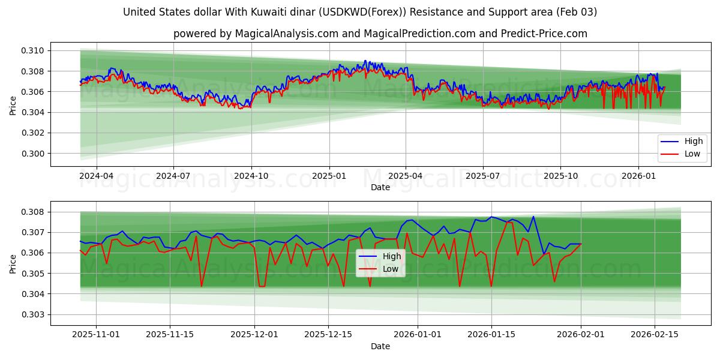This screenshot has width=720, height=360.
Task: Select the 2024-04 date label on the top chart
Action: coord(96,176)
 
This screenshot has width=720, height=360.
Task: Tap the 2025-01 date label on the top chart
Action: coord(329,176)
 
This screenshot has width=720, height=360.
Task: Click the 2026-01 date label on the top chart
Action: coord(638,176)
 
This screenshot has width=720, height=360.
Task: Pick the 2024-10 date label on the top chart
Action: coord(251,176)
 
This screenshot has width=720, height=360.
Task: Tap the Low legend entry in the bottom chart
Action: coord(391,269)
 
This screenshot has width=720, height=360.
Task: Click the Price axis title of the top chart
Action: coord(13,106)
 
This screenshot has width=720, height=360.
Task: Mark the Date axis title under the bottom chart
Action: coord(380,346)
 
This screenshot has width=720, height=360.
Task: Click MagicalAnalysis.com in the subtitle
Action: coord(287,34)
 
